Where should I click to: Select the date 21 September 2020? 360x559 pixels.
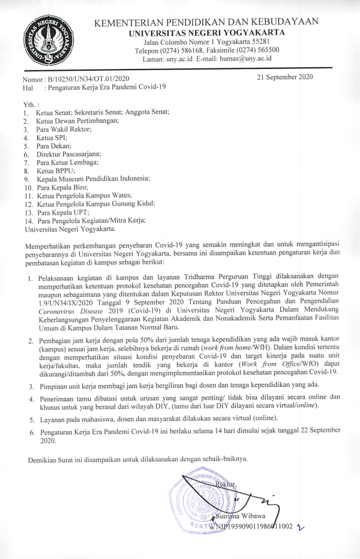point(284,77)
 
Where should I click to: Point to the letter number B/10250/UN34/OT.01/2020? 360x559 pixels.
point(91,79)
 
